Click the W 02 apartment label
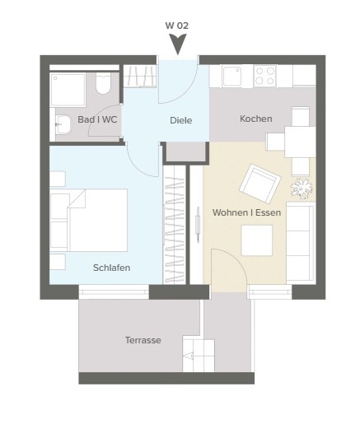click(x=177, y=26)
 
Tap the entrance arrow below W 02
click(x=178, y=44)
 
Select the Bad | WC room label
click(x=97, y=119)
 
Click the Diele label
click(x=181, y=120)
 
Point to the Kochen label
click(x=256, y=119)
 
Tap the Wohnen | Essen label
click(x=246, y=212)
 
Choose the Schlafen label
click(x=111, y=268)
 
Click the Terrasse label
click(x=143, y=340)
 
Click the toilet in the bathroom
click(x=103, y=83)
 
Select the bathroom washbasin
click(x=63, y=124)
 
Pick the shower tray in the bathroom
click(x=68, y=90)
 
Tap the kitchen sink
click(x=232, y=76)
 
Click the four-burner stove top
click(x=264, y=76)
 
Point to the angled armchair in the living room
click(x=260, y=184)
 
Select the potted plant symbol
click(x=302, y=189)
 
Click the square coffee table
click(x=256, y=240)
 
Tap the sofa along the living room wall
click(x=301, y=243)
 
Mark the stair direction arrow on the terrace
click(x=189, y=356)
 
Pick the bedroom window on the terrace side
click(x=114, y=291)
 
